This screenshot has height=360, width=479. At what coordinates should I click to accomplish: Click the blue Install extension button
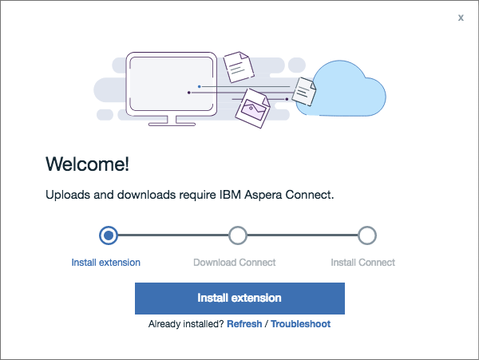239,298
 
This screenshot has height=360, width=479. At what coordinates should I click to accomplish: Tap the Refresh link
244,325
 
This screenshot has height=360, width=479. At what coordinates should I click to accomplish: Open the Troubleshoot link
300,325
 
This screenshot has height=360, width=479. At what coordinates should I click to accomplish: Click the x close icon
461,18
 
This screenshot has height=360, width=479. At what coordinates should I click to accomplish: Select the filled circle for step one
109,235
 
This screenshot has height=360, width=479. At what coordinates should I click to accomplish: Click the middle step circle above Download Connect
237,235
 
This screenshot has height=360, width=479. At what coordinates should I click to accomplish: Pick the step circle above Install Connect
366,235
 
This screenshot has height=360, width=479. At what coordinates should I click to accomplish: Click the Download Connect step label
235,263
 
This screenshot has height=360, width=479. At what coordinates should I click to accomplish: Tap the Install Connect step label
363,263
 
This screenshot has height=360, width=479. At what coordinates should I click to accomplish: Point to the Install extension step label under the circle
105,263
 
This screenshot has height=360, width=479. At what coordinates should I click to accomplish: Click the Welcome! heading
87,164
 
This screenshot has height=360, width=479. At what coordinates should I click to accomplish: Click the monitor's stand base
170,121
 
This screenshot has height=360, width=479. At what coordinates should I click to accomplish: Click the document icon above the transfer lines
237,67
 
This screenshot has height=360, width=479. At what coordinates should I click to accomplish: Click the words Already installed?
186,325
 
